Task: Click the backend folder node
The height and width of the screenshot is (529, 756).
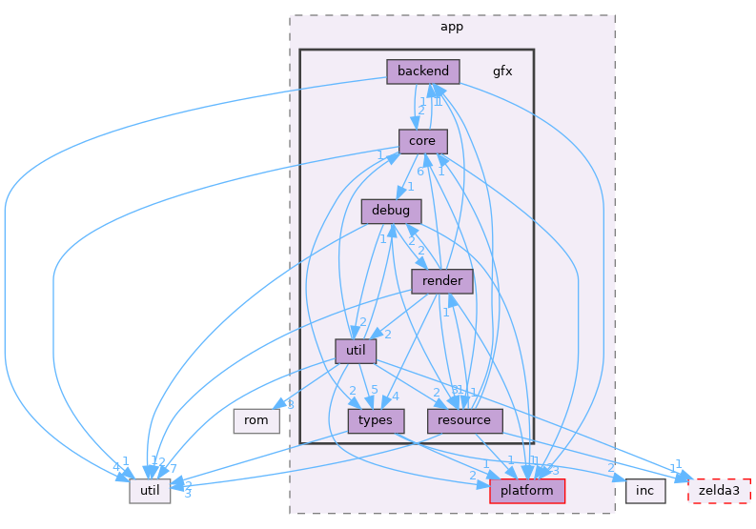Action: click(423, 71)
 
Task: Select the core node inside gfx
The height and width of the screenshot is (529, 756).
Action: click(422, 141)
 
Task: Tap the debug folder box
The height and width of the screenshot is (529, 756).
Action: click(391, 211)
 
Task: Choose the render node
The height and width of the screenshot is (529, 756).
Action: click(442, 280)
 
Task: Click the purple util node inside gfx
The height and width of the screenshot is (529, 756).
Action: click(356, 351)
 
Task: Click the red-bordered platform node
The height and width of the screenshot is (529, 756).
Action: click(527, 490)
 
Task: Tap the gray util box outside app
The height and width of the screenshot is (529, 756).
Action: click(150, 490)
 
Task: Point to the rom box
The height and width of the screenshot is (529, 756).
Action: click(256, 420)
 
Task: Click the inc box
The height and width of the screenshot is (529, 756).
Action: click(644, 490)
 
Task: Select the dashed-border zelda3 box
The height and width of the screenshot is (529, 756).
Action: click(720, 490)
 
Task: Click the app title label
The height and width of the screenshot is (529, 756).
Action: click(452, 27)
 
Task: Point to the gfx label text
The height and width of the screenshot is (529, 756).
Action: click(502, 71)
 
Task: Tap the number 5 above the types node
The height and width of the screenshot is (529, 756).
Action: click(374, 389)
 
